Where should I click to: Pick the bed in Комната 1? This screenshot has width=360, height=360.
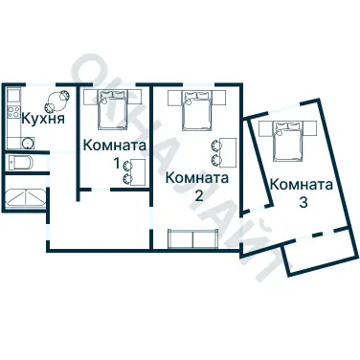114,110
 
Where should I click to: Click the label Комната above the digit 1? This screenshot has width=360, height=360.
115,146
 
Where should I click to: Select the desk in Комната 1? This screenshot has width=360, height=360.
135,171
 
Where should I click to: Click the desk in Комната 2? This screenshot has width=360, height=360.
226,150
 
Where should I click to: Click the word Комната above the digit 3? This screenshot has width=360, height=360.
301,185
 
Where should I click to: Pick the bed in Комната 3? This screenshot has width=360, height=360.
288,142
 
